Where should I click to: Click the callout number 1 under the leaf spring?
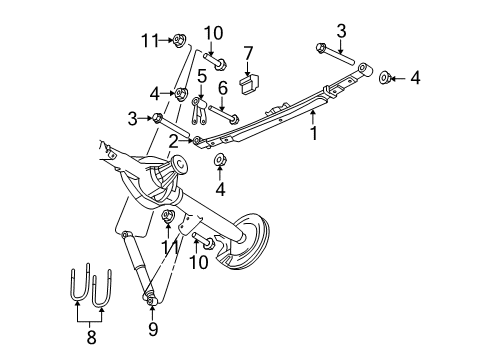(x=313, y=130)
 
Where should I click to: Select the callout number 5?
(x=201, y=75)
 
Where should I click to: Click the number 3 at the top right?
(x=341, y=31)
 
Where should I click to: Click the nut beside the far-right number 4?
(x=385, y=76)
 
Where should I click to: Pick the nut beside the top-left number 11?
(x=179, y=41)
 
